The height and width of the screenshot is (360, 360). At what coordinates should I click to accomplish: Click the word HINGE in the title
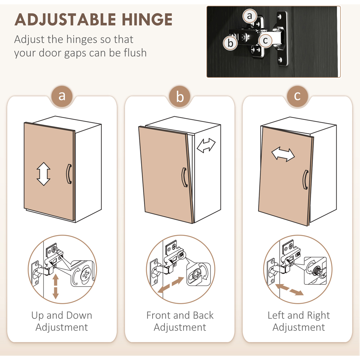click(x=147, y=19)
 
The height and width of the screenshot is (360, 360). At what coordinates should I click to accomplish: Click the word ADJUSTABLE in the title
click(x=65, y=19)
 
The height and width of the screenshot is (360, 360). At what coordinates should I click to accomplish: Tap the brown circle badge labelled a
click(x=62, y=96)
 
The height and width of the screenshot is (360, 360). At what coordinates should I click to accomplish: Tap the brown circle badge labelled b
click(x=180, y=96)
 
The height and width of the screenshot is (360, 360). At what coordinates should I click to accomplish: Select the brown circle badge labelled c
click(x=297, y=96)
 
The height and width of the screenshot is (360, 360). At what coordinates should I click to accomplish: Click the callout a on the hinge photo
click(x=249, y=16)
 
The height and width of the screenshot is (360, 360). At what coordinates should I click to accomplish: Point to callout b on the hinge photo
click(x=230, y=43)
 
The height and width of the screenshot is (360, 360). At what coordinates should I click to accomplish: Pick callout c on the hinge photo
click(x=265, y=40)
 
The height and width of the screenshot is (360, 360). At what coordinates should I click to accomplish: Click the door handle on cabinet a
click(x=69, y=174)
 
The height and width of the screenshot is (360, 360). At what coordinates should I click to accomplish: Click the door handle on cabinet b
click(x=184, y=177)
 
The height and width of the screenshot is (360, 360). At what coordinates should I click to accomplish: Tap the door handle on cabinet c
click(x=305, y=180)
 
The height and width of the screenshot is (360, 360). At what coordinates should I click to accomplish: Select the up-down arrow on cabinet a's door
click(x=44, y=174)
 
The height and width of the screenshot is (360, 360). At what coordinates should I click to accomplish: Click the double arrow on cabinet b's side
click(x=206, y=145)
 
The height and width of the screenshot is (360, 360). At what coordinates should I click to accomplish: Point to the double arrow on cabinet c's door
click(x=283, y=154)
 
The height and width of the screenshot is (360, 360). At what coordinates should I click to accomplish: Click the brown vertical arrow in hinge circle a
click(x=55, y=287)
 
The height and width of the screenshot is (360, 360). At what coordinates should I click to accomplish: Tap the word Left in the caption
click(x=276, y=315)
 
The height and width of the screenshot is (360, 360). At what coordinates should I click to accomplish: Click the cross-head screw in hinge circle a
click(x=86, y=274)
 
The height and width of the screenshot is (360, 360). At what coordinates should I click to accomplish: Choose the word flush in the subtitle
click(x=135, y=53)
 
